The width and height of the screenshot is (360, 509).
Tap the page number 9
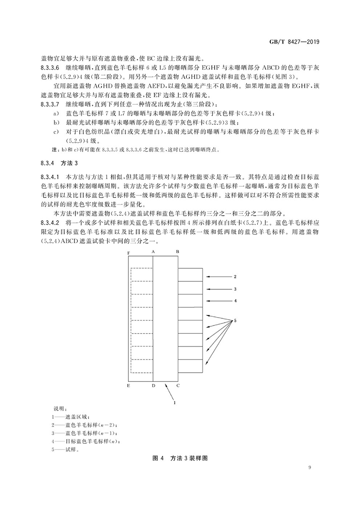pos(310,467)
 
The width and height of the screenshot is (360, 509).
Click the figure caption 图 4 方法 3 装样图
pos(180,459)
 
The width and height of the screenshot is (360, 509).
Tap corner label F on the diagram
pos(129,253)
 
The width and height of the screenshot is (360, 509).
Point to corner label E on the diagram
pos(129,386)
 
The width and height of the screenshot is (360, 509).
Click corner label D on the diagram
pos(153,386)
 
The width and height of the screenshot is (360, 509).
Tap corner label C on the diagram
pos(178,386)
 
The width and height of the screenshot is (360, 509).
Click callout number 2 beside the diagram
pos(236,276)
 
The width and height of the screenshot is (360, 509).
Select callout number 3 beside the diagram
pos(236,288)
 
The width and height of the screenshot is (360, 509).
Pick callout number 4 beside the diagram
pos(236,300)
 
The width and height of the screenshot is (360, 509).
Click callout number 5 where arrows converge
pos(236,320)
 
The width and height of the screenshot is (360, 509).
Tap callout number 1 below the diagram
pos(175,403)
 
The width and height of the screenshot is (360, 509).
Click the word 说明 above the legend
pos(58,409)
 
